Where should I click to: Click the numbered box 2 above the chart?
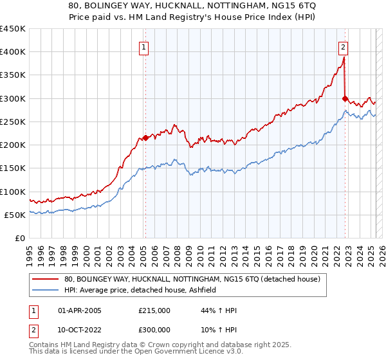[x=344, y=47]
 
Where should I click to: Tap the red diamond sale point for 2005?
[x=145, y=138]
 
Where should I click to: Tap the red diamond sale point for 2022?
[x=345, y=98]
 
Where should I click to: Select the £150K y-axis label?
[x=13, y=168]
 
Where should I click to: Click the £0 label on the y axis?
[x=20, y=239]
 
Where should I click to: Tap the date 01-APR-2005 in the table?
[x=80, y=310]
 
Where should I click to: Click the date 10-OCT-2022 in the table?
[x=80, y=330]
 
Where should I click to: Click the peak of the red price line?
[x=344, y=58]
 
